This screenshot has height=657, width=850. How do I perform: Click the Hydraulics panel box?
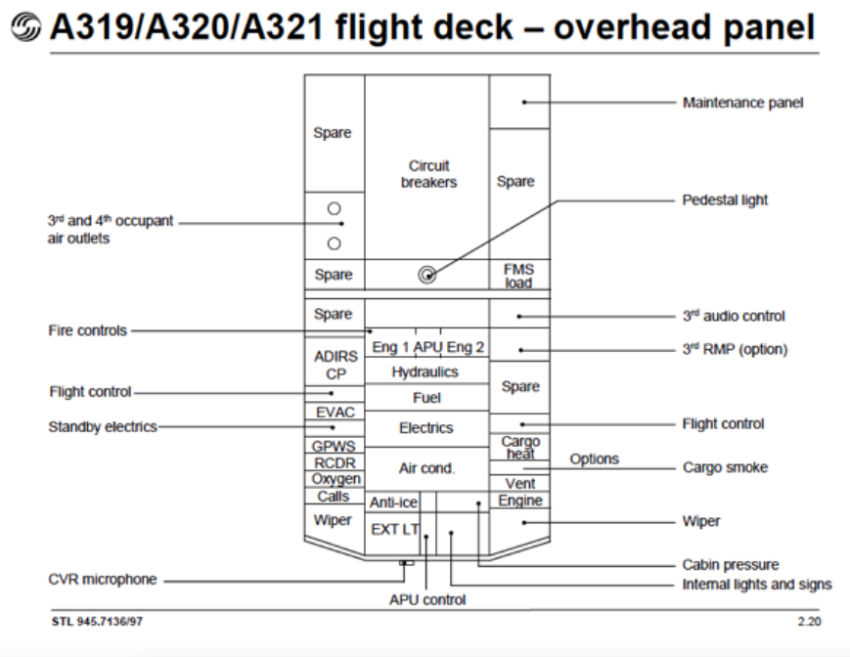click(426, 372)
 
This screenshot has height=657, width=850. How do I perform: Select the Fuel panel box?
click(426, 398)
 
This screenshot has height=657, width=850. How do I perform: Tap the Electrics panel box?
click(426, 428)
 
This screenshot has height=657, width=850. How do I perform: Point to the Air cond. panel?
click(426, 469)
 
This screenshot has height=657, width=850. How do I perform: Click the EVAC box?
click(335, 412)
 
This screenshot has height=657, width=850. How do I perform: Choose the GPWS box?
click(335, 446)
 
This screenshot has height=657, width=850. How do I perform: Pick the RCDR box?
click(335, 462)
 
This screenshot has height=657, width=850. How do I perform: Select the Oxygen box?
click(335, 479)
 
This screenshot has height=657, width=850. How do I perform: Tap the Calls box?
click(335, 496)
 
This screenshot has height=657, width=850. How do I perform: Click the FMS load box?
click(519, 275)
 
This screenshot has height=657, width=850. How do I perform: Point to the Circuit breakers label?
click(428, 174)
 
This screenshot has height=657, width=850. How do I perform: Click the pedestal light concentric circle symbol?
click(427, 275)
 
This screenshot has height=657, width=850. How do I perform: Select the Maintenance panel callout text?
click(742, 103)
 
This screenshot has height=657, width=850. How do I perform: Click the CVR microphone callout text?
click(103, 579)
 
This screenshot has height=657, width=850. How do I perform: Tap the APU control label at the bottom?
click(427, 599)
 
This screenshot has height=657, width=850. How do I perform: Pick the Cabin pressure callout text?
click(731, 564)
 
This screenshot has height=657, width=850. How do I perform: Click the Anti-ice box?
click(393, 503)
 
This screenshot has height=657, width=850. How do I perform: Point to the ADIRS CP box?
click(336, 365)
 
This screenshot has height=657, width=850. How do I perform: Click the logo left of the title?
click(25, 27)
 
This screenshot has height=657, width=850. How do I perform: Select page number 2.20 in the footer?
click(809, 621)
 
